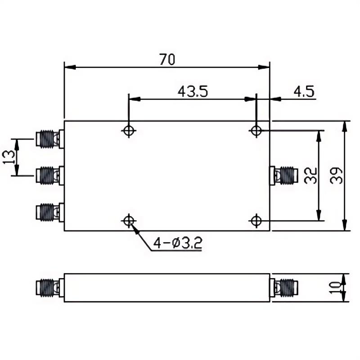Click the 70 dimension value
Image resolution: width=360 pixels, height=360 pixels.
click(167, 59)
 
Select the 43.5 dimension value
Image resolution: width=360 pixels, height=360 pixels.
click(193, 91)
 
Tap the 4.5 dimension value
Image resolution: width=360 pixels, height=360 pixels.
click(304, 91)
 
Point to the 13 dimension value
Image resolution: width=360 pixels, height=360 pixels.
click(9, 157)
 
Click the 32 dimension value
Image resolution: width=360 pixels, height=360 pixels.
click(310, 175)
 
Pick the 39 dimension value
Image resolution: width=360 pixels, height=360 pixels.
click(336, 175)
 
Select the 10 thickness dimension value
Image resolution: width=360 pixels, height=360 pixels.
click(335, 288)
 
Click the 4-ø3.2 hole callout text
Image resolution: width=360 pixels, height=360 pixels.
click(178, 243)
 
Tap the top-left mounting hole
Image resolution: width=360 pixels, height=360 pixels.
click(129, 130)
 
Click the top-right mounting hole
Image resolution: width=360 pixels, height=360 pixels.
click(256, 130)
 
